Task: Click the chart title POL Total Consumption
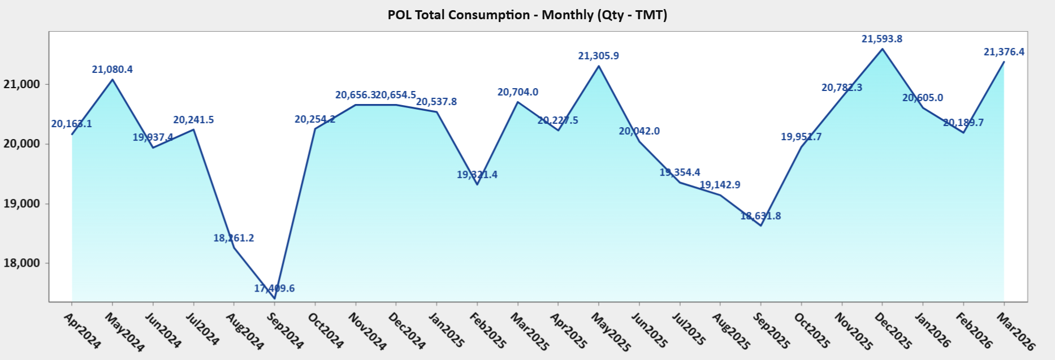coord(527,15)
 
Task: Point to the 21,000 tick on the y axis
coord(22,84)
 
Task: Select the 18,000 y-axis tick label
coord(22,263)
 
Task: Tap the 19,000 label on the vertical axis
coord(22,204)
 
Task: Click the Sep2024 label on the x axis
coord(285,331)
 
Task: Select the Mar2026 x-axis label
coord(1015,331)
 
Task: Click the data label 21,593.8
coord(881,39)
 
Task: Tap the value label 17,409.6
coord(274,288)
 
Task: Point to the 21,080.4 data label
coord(112,70)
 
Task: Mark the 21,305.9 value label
coord(598,56)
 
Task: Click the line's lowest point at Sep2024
coord(274,298)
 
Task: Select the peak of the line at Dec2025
coord(883,49)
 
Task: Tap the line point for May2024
coord(113,80)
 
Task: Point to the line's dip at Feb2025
coord(477,184)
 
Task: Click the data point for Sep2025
coord(761,225)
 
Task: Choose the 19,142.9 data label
coord(720,185)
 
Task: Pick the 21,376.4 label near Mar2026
coord(1004,52)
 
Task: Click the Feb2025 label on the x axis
coord(488,331)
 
